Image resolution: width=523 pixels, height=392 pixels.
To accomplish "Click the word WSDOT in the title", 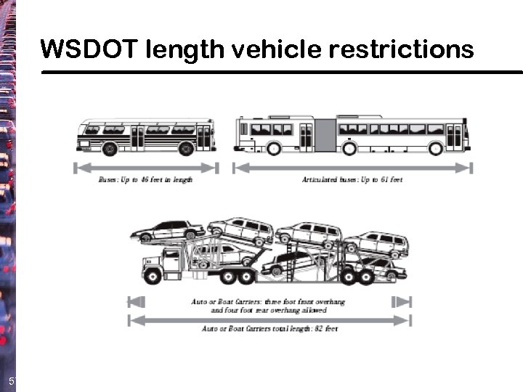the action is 89,49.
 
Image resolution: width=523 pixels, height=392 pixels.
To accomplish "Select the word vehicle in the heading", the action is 280,49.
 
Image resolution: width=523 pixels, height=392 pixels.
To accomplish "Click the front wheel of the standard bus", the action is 110,149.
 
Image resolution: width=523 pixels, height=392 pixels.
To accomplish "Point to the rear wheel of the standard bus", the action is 186,149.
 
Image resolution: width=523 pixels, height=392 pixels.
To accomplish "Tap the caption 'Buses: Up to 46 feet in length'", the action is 145,179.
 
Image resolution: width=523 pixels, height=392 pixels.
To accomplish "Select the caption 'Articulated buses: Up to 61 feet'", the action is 352,179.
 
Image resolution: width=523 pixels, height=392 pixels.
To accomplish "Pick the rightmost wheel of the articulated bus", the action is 435,149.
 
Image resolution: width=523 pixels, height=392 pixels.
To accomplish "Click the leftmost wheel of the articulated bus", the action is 273,149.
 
